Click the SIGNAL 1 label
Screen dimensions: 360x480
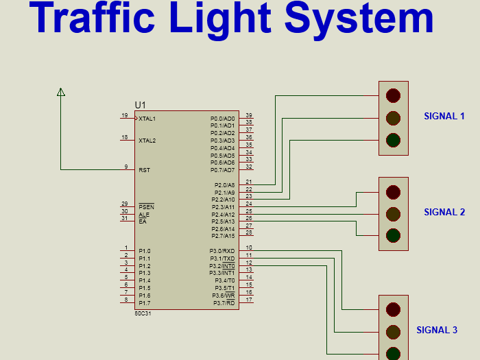pos(444,116)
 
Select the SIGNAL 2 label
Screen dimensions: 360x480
pos(444,212)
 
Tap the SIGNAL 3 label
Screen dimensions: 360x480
pos(437,330)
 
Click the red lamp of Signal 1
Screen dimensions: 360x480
pos(393,95)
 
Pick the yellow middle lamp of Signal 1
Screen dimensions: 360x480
pos(393,117)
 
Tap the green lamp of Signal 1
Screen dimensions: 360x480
pos(393,140)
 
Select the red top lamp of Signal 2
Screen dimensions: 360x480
pos(393,191)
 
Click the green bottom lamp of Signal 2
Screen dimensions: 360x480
pos(393,236)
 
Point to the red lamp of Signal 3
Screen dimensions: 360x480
pos(393,309)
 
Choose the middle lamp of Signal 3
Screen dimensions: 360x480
pos(393,332)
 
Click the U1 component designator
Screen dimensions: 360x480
pos(140,104)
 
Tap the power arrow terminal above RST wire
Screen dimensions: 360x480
pos(61,92)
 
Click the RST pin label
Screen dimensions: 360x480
pos(144,170)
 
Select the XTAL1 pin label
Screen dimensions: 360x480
pos(147,119)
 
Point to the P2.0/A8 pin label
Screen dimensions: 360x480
pos(224,185)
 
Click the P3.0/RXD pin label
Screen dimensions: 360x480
pos(222,251)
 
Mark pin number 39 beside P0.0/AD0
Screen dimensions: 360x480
pos(249,115)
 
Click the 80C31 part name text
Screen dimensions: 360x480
pos(143,313)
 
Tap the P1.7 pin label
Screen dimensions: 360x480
pos(144,303)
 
